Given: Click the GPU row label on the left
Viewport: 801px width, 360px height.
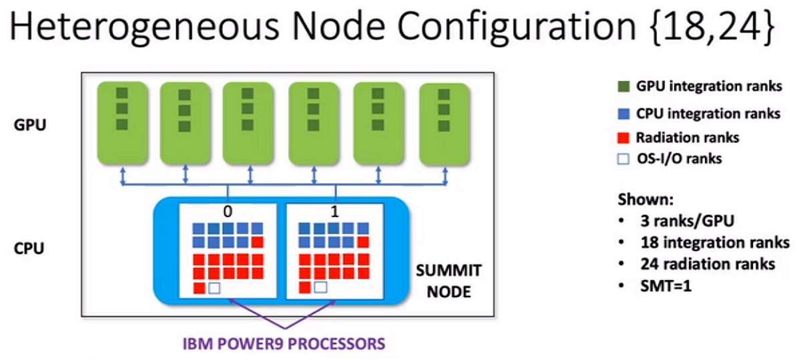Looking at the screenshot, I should pyautogui.click(x=30, y=125).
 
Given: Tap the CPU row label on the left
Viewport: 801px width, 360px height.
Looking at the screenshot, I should pyautogui.click(x=30, y=248).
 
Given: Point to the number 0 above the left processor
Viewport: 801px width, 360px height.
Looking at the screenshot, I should pyautogui.click(x=228, y=212).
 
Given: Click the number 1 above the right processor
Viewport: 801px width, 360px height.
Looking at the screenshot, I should pyautogui.click(x=334, y=212).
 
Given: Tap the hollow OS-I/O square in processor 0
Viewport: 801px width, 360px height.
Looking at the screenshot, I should pyautogui.click(x=214, y=288).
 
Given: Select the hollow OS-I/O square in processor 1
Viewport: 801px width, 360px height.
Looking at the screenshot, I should pyautogui.click(x=320, y=288).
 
